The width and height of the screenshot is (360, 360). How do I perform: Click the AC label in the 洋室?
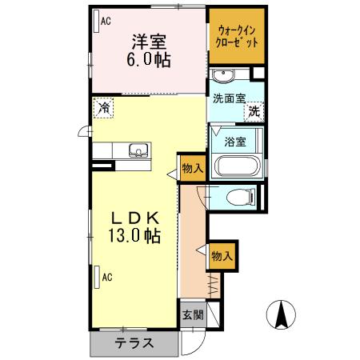[x=105, y=22]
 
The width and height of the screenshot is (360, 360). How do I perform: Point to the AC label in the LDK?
[x=106, y=278]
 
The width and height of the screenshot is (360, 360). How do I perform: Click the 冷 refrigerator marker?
[x=104, y=106]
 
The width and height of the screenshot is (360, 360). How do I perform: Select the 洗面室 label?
[x=228, y=100]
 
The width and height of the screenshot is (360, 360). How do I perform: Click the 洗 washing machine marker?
[x=254, y=113]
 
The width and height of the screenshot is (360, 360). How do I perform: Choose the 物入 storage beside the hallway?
[x=222, y=256]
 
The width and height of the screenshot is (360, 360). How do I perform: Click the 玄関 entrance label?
[x=193, y=314]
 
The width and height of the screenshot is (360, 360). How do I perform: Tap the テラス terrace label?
[x=133, y=344]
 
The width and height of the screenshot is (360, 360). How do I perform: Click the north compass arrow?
[x=282, y=314]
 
